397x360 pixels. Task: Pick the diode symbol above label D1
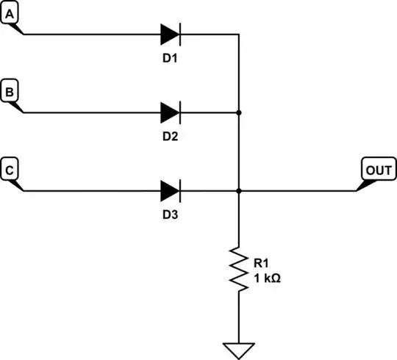pyautogui.click(x=171, y=34)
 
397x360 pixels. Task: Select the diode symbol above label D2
pyautogui.click(x=171, y=112)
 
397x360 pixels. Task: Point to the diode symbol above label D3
pyautogui.click(x=171, y=191)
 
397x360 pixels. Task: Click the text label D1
pyautogui.click(x=171, y=58)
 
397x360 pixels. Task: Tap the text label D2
pyautogui.click(x=171, y=137)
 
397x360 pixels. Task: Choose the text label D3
pyautogui.click(x=171, y=215)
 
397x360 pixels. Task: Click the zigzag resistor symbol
pyautogui.click(x=239, y=269)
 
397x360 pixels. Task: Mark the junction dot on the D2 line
pyautogui.click(x=239, y=112)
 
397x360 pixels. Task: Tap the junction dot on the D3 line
pyautogui.click(x=239, y=191)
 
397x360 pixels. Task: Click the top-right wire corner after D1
pyautogui.click(x=239, y=34)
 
